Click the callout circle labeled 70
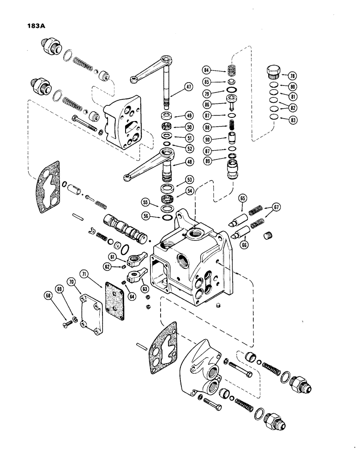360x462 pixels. (72, 280)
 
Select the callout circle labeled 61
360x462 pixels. (112, 256)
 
